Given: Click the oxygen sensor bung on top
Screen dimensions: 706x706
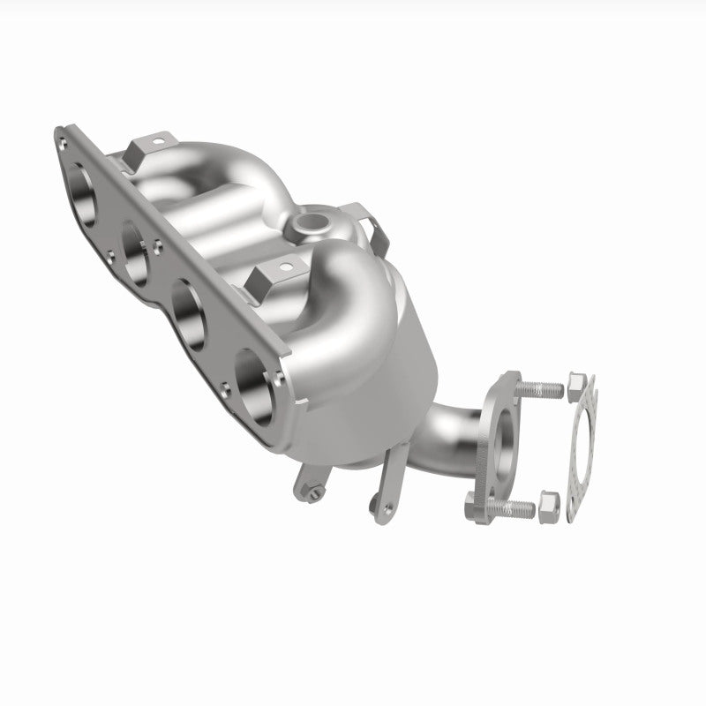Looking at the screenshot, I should pos(311,222).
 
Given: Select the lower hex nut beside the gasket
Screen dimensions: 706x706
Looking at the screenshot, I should pos(548,504).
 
